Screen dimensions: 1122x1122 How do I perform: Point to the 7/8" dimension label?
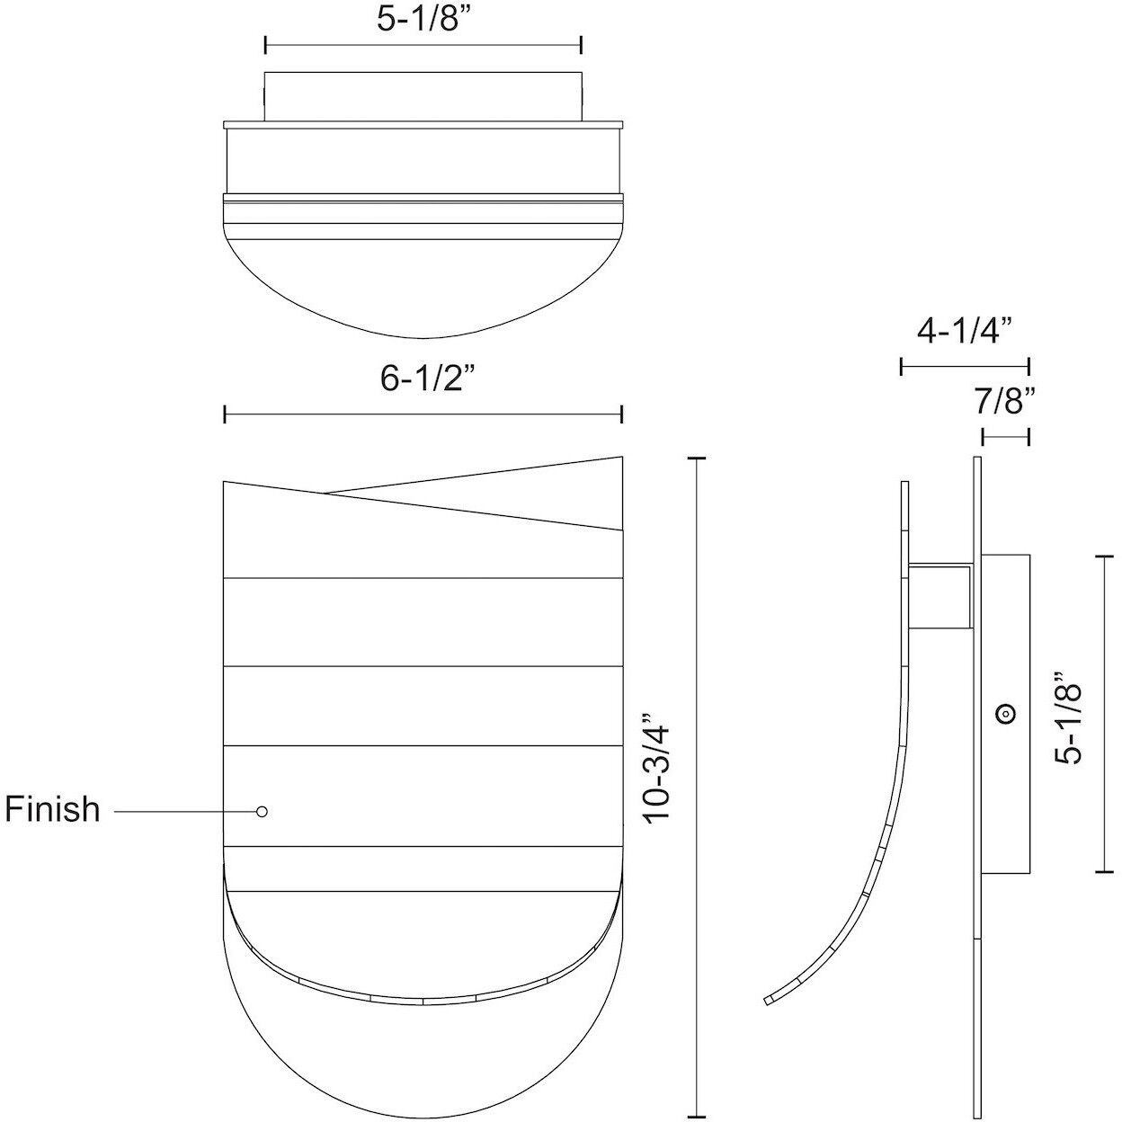[1005, 401]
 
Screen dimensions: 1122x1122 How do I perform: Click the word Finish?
[52, 809]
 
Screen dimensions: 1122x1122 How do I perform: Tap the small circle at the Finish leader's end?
[262, 811]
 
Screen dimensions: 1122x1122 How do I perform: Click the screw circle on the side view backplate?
[1005, 714]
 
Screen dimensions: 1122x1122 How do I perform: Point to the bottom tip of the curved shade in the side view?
[767, 999]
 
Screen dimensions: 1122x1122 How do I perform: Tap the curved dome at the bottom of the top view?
[423, 288]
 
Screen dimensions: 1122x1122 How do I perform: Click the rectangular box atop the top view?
[423, 93]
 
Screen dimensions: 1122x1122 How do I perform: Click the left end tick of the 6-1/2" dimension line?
[225, 414]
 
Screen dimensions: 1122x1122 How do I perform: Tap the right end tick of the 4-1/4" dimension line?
[1028, 366]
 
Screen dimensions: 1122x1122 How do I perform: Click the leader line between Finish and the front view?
[184, 811]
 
